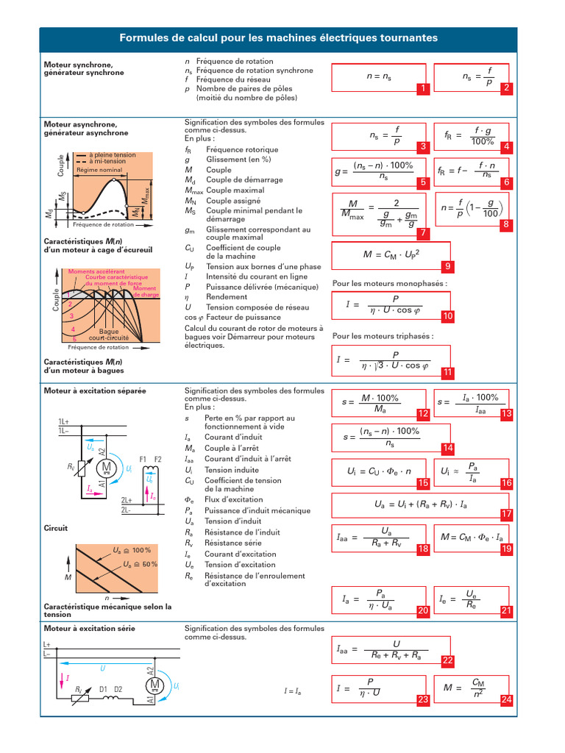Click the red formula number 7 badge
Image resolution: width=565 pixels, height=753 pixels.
pos(422,233)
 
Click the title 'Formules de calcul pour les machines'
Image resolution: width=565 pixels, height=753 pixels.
pos(278,38)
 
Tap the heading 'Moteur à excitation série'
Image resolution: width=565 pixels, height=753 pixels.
pos(90,629)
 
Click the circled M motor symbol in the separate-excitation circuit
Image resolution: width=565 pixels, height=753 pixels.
pos(106,466)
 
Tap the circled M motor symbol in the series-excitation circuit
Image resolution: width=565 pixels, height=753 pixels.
pos(156,685)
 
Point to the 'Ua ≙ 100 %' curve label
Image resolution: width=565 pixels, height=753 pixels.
pos(132,550)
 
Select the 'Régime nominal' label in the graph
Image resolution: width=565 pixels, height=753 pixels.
pos(99,170)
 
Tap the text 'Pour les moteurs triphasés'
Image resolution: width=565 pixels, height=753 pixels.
pos(383,336)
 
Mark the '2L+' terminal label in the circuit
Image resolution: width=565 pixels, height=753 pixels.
pos(127,499)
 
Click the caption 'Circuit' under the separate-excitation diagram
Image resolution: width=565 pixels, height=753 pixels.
pos(56,528)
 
